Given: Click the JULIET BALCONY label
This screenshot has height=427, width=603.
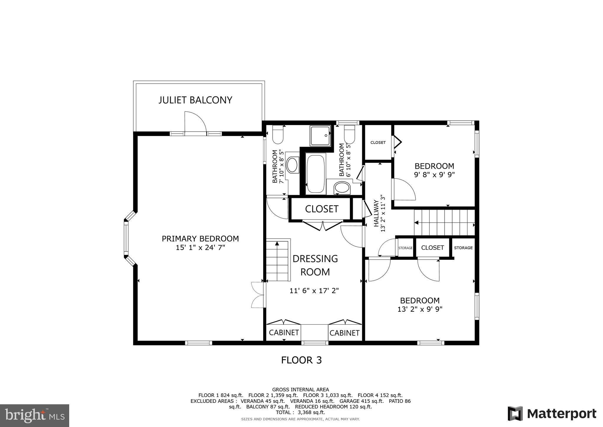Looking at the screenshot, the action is (196, 100).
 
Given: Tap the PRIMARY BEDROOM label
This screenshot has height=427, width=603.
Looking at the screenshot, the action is (200, 239).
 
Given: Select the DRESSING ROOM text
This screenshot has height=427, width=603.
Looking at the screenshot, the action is (315, 265).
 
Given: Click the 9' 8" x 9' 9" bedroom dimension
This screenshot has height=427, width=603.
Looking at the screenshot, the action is (434, 175).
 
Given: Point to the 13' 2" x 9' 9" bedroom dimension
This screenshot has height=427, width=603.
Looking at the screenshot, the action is (420, 309).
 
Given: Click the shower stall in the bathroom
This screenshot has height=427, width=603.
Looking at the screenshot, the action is (320, 135).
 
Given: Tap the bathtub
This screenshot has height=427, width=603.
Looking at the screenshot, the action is (316, 174).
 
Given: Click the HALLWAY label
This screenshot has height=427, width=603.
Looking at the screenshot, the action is (376, 213).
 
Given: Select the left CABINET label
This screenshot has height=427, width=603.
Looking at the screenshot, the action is (284, 333).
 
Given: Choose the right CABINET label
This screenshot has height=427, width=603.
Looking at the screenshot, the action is (344, 333).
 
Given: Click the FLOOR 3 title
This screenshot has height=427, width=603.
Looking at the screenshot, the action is (301, 360).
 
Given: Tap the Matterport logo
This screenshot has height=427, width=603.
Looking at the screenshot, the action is (552, 413).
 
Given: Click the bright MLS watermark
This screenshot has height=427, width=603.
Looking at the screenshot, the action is (35, 415).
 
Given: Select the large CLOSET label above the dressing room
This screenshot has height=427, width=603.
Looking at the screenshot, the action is (322, 209).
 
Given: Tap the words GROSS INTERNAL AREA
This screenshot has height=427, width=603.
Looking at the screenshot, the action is (301, 390).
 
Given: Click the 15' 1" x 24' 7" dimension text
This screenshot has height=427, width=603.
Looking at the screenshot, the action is (200, 247).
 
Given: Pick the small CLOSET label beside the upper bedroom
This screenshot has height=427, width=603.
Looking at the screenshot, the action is (378, 142).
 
